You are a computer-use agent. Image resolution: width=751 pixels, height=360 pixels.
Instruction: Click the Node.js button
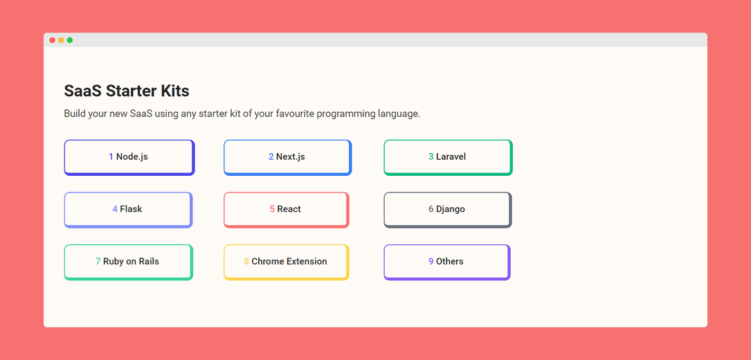point(129,157)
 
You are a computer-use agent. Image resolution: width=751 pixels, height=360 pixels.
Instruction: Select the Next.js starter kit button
point(287,157)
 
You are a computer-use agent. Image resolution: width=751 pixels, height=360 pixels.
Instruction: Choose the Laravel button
point(449,157)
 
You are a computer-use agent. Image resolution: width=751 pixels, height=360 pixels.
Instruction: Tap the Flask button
point(128,210)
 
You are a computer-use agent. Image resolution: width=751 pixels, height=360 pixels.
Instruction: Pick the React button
point(287,210)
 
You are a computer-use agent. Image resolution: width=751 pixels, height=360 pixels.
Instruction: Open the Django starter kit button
point(448,210)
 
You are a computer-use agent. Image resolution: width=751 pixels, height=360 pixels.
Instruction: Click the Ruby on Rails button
point(128,262)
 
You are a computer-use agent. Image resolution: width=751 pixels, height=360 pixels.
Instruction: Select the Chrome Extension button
point(287,262)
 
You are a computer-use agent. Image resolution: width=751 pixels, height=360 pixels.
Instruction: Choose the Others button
point(447,262)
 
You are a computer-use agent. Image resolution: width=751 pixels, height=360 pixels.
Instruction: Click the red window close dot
point(52,40)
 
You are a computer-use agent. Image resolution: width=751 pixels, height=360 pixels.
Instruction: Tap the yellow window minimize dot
point(61,40)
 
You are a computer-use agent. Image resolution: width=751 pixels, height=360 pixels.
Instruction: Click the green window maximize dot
point(69,40)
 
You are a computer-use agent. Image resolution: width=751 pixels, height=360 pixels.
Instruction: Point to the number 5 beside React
point(272,209)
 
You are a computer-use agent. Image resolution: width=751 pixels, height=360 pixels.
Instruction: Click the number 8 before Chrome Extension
point(246,261)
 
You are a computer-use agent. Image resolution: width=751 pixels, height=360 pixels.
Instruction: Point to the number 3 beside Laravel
point(431,156)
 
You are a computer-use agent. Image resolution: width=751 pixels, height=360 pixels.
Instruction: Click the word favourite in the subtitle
point(295,114)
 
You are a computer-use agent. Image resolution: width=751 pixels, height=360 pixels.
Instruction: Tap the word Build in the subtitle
point(75,114)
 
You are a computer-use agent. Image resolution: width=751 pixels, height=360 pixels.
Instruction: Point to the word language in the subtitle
point(399,115)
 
